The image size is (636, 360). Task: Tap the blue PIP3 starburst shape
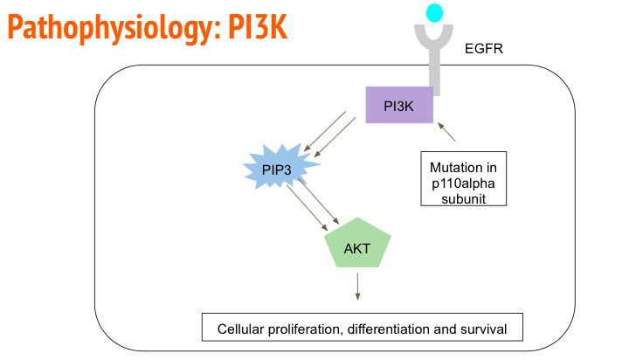click(x=276, y=169)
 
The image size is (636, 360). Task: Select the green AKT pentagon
click(x=356, y=248)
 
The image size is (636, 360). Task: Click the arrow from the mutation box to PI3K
click(x=446, y=131)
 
